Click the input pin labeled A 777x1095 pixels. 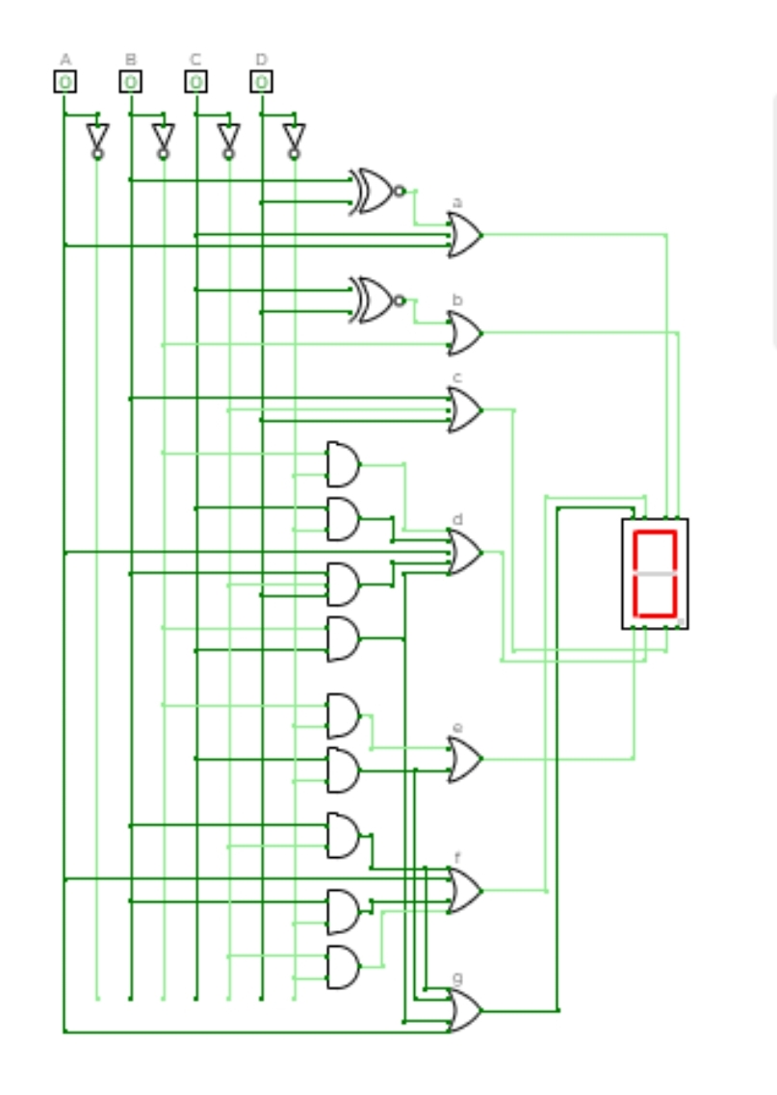pyautogui.click(x=65, y=82)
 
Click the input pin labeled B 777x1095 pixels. pyautogui.click(x=130, y=82)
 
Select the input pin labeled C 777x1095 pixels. pyautogui.click(x=195, y=82)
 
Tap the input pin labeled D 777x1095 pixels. pyautogui.click(x=261, y=82)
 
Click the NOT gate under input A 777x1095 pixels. pyautogui.click(x=97, y=138)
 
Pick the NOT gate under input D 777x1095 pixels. pyautogui.click(x=294, y=138)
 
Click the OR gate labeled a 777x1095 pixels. pyautogui.click(x=465, y=235)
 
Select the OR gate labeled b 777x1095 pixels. pyautogui.click(x=465, y=333)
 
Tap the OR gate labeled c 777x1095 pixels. pyautogui.click(x=465, y=410)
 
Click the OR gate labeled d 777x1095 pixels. pyautogui.click(x=465, y=552)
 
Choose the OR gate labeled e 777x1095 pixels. pyautogui.click(x=465, y=759)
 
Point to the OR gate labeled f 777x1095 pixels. pyautogui.click(x=465, y=890)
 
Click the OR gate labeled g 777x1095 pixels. pyautogui.click(x=465, y=1010)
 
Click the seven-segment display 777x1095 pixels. pyautogui.click(x=655, y=573)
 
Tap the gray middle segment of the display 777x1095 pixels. pyautogui.click(x=655, y=573)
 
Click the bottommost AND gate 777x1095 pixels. pyautogui.click(x=343, y=966)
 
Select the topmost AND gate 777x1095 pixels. pyautogui.click(x=343, y=464)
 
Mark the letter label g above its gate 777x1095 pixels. pyautogui.click(x=457, y=978)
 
